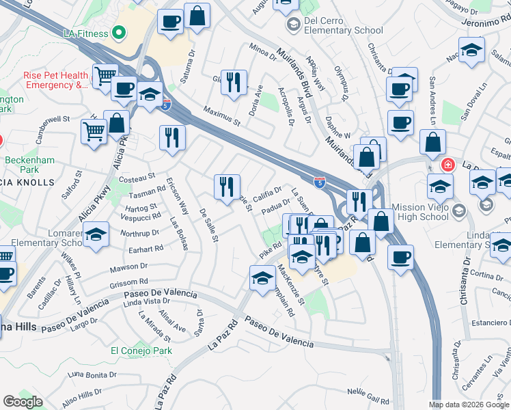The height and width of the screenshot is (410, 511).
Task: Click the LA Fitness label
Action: (x=85, y=33)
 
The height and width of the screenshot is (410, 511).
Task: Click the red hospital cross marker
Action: (x=448, y=165)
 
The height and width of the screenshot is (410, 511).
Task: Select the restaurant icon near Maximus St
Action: (x=235, y=82)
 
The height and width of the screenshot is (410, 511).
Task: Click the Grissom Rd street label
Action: (x=130, y=282)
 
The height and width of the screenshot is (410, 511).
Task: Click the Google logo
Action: (x=23, y=401)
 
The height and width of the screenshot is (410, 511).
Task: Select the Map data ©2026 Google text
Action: (x=469, y=405)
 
